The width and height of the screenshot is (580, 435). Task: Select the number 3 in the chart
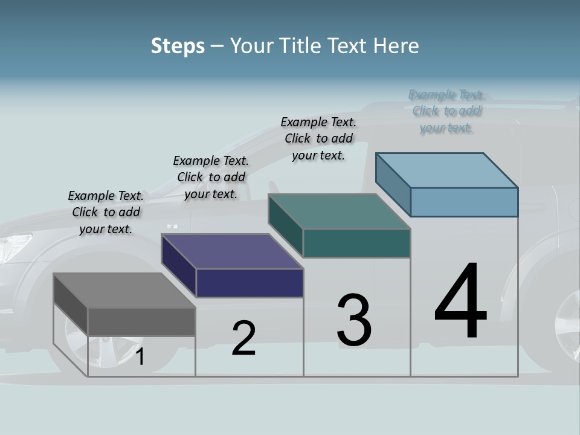[354, 320]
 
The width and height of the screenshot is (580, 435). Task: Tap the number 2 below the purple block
[243, 338]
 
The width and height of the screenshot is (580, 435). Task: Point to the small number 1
[140, 357]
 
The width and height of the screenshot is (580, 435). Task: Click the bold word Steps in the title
[178, 46]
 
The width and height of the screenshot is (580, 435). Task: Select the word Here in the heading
[396, 46]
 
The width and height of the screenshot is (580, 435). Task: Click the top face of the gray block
[124, 291]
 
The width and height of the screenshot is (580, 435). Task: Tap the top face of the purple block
[232, 251]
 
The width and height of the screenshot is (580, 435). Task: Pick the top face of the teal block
[340, 211]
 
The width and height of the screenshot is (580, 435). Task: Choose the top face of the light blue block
[447, 170]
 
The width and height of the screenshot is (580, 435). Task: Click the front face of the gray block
[141, 322]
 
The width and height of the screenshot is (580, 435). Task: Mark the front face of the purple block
[250, 283]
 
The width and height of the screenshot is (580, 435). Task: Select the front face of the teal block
[356, 243]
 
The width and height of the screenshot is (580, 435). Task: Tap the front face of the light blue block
[464, 202]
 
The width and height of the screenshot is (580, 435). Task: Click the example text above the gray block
[106, 212]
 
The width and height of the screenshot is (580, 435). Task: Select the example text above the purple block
[211, 177]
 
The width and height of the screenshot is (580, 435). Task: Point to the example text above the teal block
[318, 138]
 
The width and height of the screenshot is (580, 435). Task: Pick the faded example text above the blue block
[446, 111]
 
